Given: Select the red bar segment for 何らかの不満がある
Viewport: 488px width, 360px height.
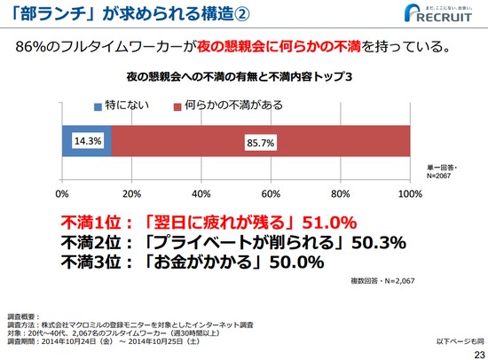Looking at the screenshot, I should point(260,142).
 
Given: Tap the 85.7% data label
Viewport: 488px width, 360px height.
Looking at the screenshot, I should point(260,142).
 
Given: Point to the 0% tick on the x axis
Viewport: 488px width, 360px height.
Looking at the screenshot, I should point(62,192).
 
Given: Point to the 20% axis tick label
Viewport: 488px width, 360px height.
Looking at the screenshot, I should point(131,192).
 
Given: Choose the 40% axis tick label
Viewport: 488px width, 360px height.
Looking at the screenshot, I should point(201,192).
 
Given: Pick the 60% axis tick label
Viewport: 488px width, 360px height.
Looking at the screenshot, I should point(271,192).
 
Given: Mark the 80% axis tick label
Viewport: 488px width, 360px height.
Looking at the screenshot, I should point(340,192).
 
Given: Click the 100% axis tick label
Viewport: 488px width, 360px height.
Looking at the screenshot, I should point(409,192).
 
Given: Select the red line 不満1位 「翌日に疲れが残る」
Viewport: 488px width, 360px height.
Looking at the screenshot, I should point(209,222).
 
